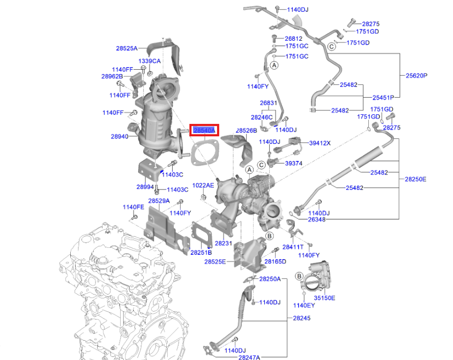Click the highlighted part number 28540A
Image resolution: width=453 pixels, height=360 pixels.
click(x=204, y=130)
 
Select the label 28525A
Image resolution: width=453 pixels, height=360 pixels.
click(x=127, y=48)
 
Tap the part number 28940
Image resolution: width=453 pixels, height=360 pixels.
click(x=120, y=137)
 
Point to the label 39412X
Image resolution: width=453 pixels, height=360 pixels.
click(x=320, y=143)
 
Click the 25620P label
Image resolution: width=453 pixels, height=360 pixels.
click(x=416, y=76)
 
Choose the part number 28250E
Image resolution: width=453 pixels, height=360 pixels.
click(x=415, y=179)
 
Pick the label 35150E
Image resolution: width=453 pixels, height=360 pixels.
click(x=324, y=298)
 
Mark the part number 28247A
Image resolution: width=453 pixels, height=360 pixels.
click(x=249, y=357)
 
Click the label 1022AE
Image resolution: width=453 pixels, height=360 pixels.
click(x=203, y=185)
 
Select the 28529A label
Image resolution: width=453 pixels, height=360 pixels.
click(x=159, y=201)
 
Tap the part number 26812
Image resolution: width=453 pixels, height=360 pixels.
click(x=293, y=39)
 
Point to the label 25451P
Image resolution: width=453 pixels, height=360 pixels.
click(x=383, y=98)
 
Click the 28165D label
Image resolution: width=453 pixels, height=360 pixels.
click(x=276, y=261)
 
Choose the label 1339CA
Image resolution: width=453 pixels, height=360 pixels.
click(x=150, y=61)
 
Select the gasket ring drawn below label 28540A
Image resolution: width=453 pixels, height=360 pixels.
click(x=204, y=152)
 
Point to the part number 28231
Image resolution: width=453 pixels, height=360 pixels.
click(x=223, y=243)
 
